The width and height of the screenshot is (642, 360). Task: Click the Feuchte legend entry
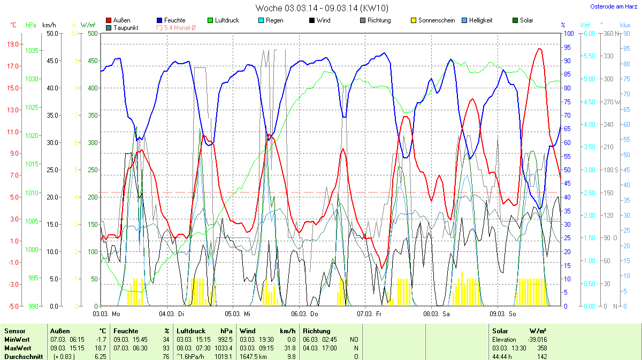[x=174, y=20]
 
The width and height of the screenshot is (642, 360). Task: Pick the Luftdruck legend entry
[x=226, y=20]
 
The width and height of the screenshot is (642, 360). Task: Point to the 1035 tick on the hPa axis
[x=32, y=51]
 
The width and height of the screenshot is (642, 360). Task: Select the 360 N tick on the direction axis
[x=612, y=34]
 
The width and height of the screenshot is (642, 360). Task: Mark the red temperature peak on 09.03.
[x=539, y=49]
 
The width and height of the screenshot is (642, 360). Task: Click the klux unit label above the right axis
[x=625, y=25]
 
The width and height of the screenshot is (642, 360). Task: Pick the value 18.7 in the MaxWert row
[x=101, y=348]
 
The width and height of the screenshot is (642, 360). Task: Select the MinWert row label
[x=16, y=340]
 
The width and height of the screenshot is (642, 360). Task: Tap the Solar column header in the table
[x=500, y=331]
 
